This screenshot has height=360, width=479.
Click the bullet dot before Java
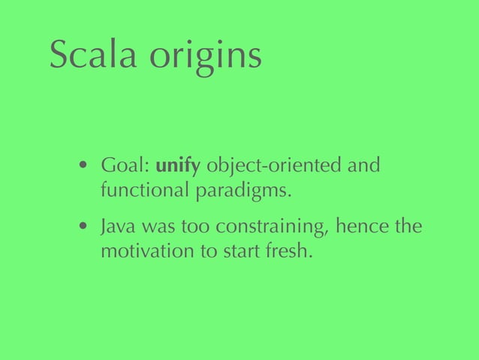(86, 227)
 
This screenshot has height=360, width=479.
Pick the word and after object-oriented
(366, 165)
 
